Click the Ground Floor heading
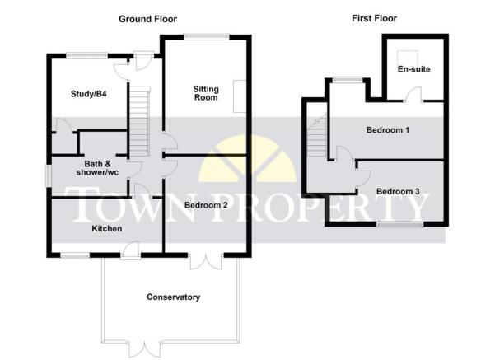click(x=147, y=19)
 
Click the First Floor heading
click(x=374, y=18)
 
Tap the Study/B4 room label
click(x=89, y=94)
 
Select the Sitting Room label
click(x=206, y=93)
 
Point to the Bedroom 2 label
click(x=206, y=205)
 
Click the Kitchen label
click(x=107, y=229)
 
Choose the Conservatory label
click(x=173, y=297)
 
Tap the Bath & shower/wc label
click(x=97, y=168)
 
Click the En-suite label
click(x=413, y=69)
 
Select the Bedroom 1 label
click(x=388, y=130)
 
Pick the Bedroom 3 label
click(x=398, y=191)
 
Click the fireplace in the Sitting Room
click(x=240, y=96)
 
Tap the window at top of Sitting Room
click(x=207, y=37)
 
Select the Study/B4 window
click(x=87, y=56)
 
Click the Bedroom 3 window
click(x=400, y=224)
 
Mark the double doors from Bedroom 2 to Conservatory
click(x=207, y=260)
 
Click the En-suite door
click(x=413, y=95)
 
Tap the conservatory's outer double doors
click(x=145, y=349)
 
